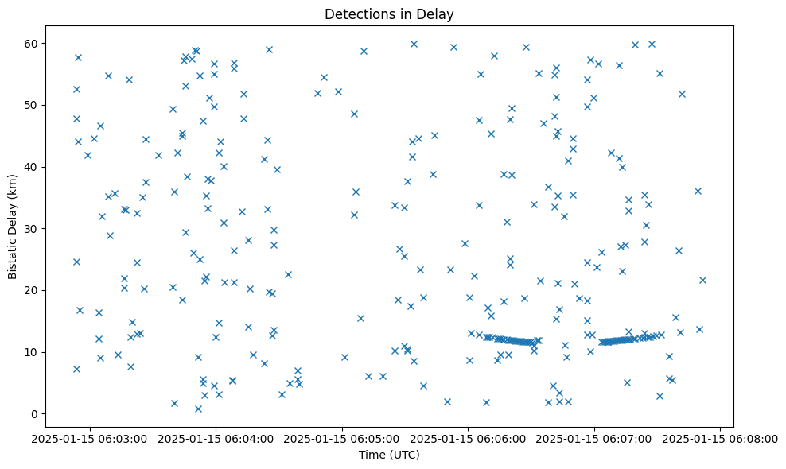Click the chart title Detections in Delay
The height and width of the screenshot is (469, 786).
[390, 14]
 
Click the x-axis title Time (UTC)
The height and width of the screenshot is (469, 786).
[390, 455]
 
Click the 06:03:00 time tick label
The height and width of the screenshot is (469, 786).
[88, 438]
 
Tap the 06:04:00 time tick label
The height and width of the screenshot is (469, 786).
[215, 438]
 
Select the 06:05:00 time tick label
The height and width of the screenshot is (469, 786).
[341, 438]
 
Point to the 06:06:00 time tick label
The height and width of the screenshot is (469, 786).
[468, 438]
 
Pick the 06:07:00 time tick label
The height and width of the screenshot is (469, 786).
[594, 438]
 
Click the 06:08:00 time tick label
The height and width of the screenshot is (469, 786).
[721, 438]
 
